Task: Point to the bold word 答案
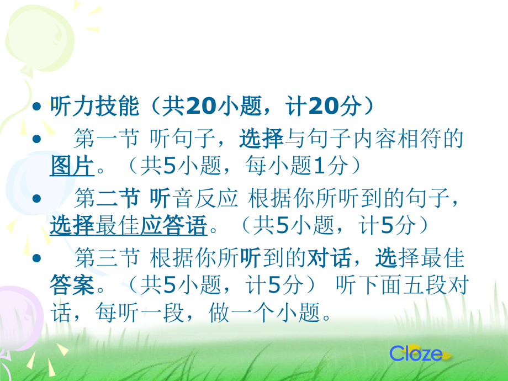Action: coord(72,285)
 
